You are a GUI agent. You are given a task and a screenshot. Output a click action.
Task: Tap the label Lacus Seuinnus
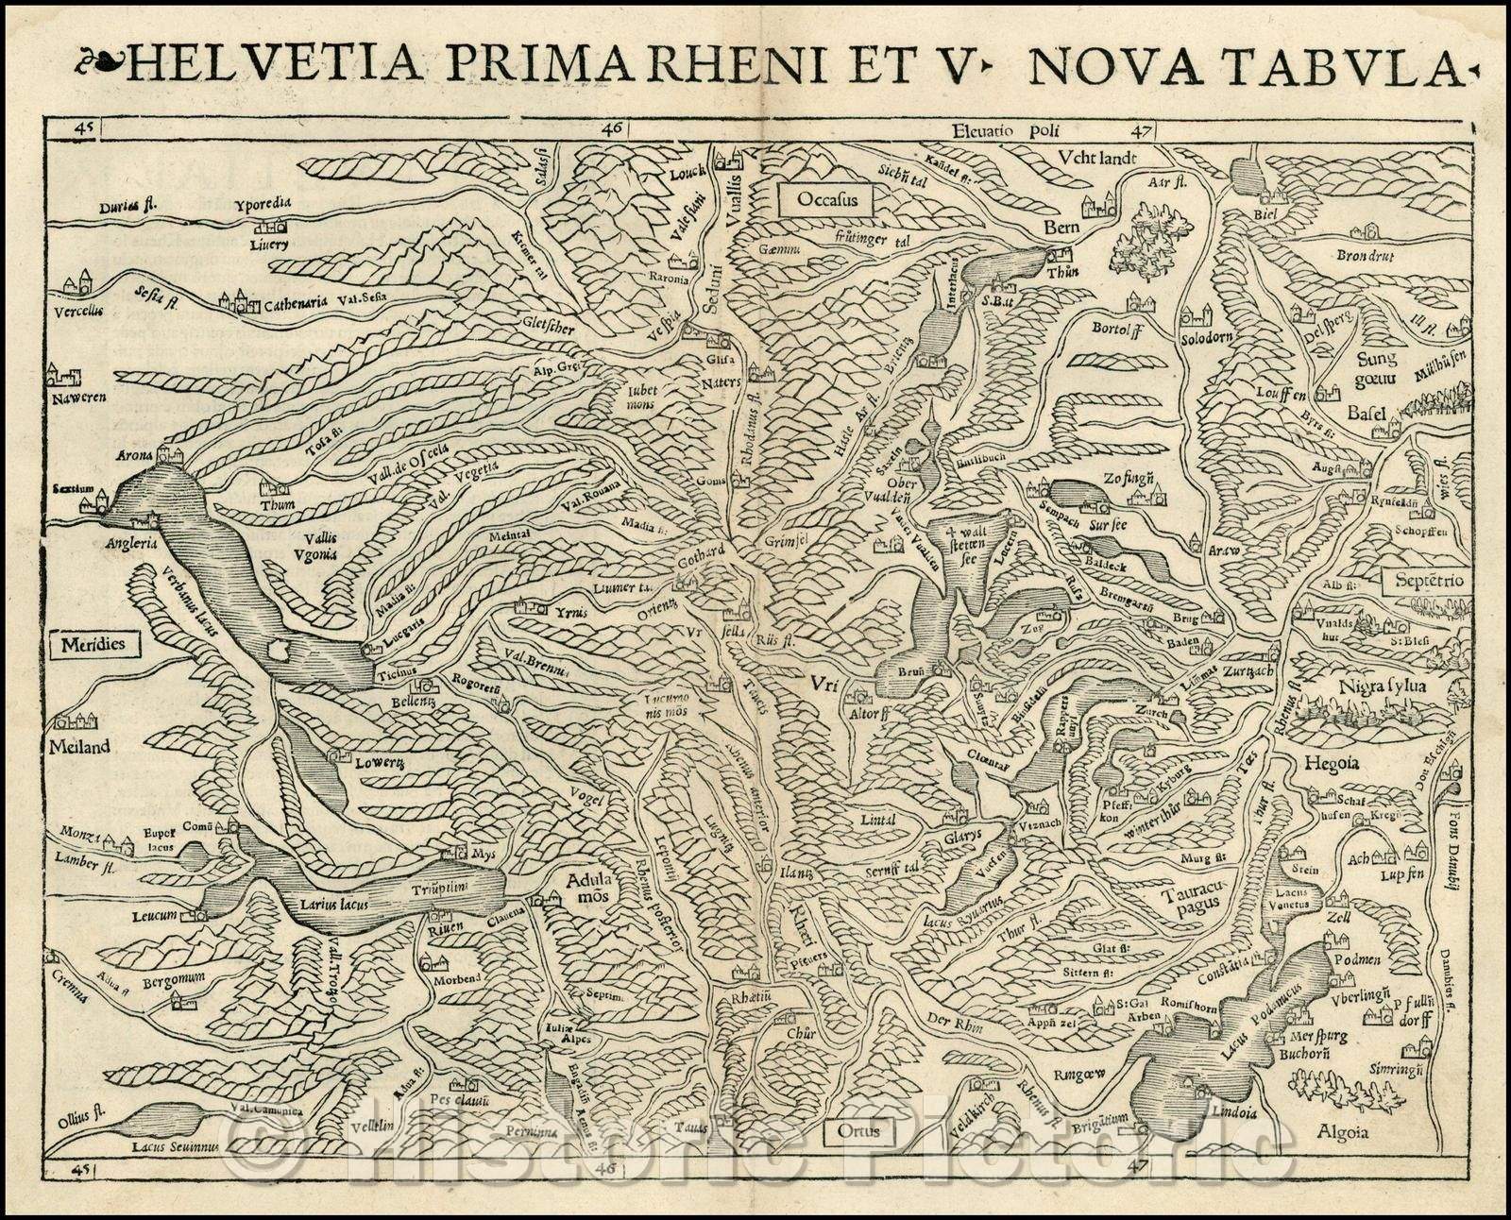click(177, 1144)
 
